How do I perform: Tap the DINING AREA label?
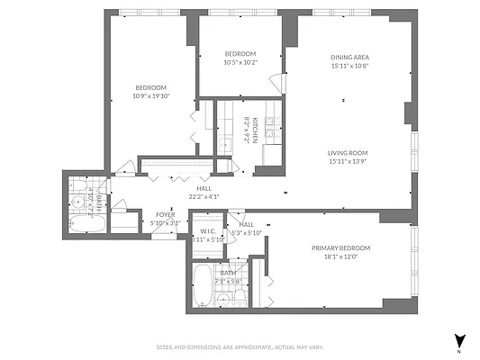tap(350, 56)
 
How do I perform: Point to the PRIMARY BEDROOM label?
tap(341, 247)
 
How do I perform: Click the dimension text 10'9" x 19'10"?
tap(150, 95)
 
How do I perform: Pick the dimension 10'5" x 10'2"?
tap(240, 62)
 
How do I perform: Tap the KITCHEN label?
tap(256, 131)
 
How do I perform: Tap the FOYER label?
tap(167, 214)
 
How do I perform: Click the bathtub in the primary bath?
tap(203, 286)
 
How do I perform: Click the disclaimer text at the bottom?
tap(240, 346)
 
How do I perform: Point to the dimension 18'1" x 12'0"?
tap(341, 256)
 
